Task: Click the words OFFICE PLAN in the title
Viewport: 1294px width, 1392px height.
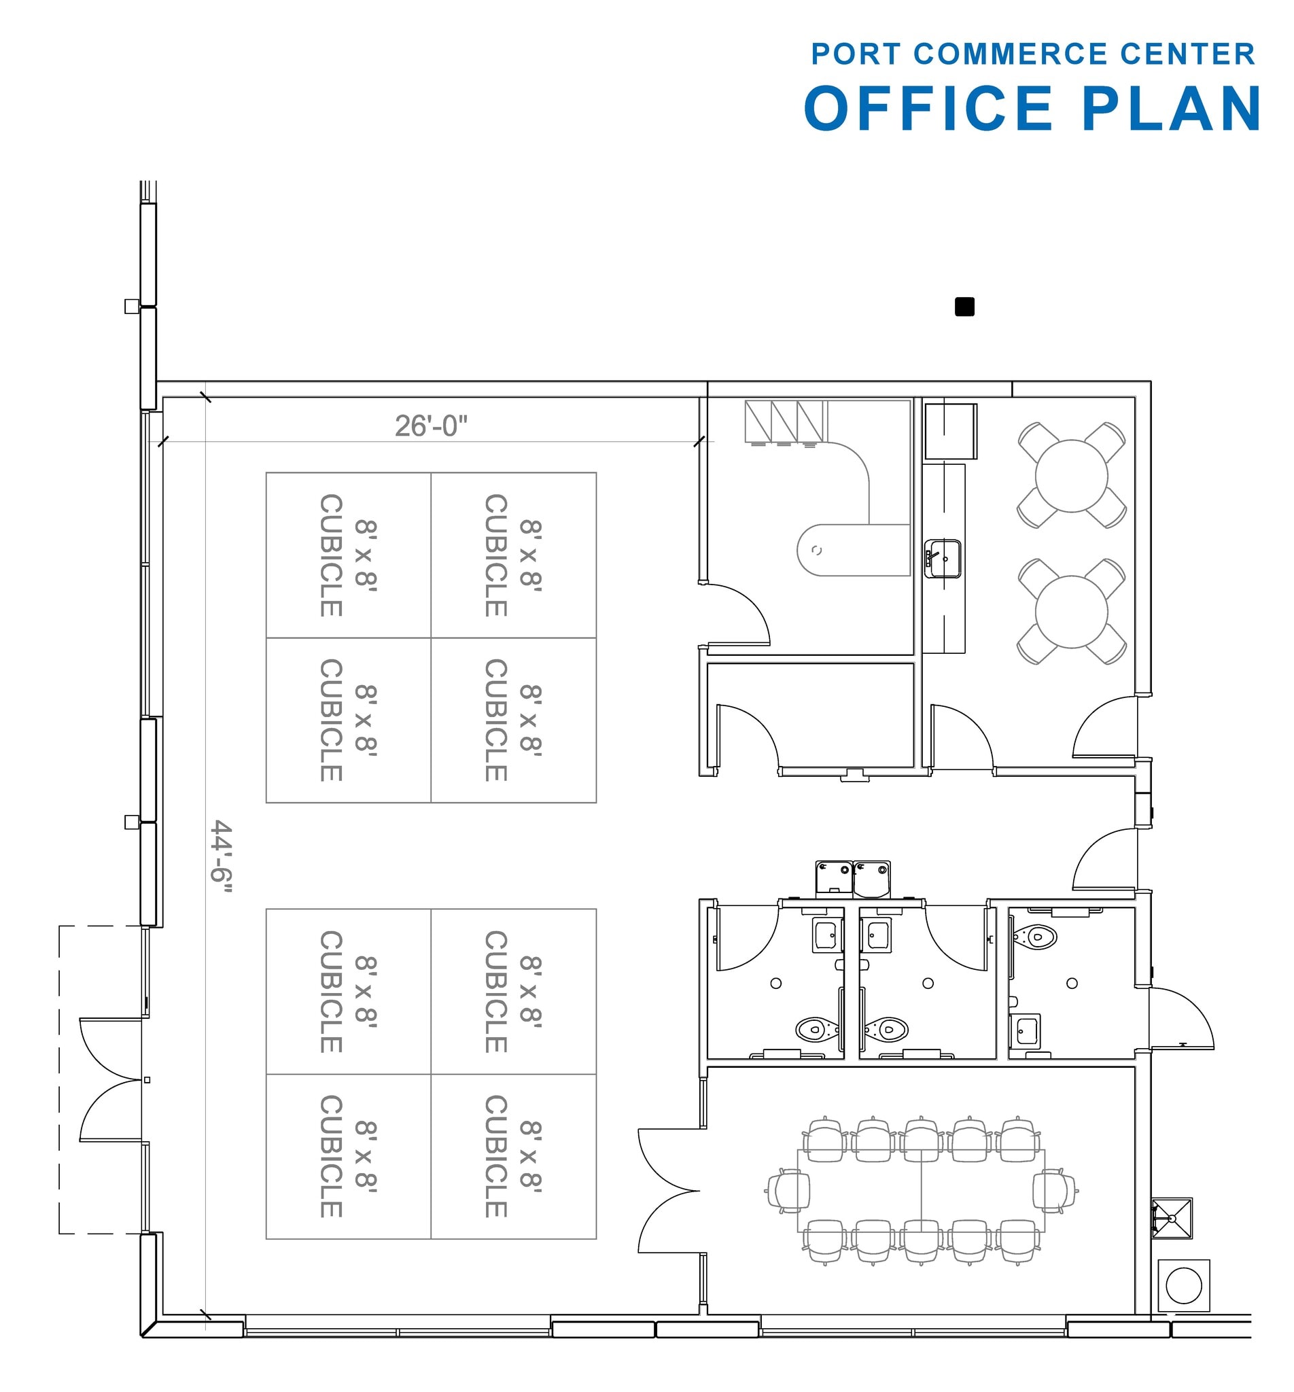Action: click(x=1032, y=109)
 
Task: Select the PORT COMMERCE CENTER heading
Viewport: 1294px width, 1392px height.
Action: click(x=1032, y=54)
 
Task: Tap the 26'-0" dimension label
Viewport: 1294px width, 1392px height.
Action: click(x=431, y=425)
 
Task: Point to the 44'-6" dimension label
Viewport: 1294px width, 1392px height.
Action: click(x=222, y=856)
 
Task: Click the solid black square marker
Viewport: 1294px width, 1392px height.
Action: click(x=964, y=307)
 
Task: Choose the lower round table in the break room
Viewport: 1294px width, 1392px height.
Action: click(x=1070, y=611)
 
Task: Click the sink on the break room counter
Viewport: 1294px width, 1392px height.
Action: click(x=943, y=558)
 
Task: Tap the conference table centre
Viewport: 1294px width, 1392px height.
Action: click(x=921, y=1190)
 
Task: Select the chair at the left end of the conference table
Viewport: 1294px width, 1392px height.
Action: click(x=789, y=1190)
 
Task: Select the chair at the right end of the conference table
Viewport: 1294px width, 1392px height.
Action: click(x=1054, y=1190)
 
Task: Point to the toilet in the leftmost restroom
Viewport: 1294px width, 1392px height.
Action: click(x=815, y=1028)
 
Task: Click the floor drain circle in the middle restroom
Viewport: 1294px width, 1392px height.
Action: click(x=928, y=983)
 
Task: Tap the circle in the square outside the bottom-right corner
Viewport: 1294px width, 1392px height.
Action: click(x=1183, y=1285)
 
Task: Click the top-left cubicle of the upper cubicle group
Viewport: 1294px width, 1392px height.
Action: click(x=349, y=555)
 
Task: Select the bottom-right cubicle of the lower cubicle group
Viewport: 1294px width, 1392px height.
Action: click(x=513, y=1156)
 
